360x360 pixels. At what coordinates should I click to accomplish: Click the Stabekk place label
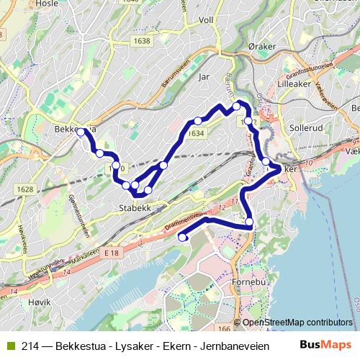[x=132, y=209]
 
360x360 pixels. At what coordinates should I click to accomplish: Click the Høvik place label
[x=37, y=323]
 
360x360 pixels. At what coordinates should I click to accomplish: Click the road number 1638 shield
[x=142, y=41]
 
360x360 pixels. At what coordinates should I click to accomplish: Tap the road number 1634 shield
[x=194, y=133]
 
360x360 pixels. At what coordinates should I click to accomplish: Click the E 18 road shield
[x=110, y=253]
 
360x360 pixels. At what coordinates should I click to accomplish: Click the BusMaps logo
[x=327, y=345]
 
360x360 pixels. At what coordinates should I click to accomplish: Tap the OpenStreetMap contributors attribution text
[x=297, y=322]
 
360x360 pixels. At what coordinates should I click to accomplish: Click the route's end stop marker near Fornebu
[x=181, y=237]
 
